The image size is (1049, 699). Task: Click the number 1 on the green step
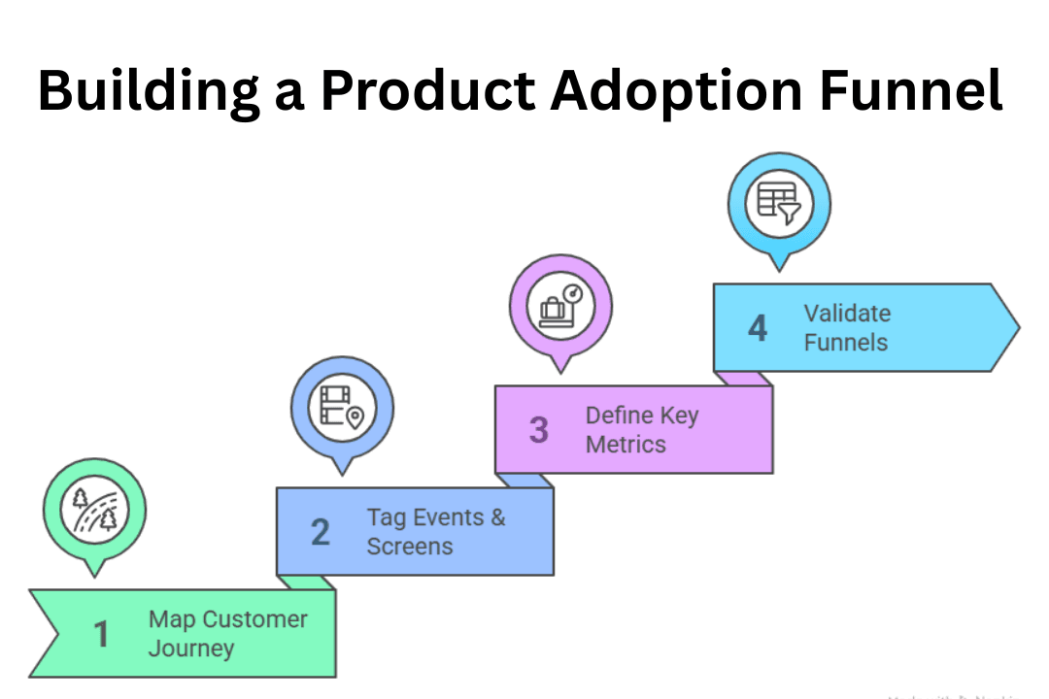click(101, 634)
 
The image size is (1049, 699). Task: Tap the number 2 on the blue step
click(320, 532)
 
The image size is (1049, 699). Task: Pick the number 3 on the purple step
click(538, 430)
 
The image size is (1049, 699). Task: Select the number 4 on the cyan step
click(757, 328)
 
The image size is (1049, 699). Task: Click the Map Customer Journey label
click(227, 633)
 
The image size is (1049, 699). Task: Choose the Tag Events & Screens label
click(435, 531)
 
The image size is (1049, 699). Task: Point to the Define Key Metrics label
click(641, 429)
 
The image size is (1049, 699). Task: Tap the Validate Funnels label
click(846, 327)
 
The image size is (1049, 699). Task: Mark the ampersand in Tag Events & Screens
click(497, 517)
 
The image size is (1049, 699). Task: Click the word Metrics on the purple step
click(626, 445)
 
